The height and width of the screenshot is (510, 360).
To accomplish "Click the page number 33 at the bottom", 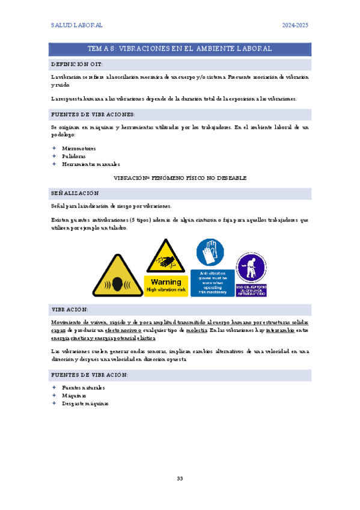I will pyautogui.click(x=180, y=479).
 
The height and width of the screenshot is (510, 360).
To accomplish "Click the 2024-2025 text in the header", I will pyautogui.click(x=295, y=25).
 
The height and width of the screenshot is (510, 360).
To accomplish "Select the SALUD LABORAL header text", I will pyautogui.click(x=76, y=25).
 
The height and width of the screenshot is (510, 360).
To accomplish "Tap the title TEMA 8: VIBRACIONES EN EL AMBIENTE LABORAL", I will pyautogui.click(x=180, y=49).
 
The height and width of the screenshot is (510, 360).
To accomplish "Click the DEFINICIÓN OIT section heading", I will pyautogui.click(x=77, y=64).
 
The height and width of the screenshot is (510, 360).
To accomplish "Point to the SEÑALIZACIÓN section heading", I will pyautogui.click(x=75, y=193).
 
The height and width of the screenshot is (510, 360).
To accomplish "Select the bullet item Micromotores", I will pyautogui.click(x=79, y=148).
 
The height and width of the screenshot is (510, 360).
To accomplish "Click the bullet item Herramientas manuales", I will pyautogui.click(x=87, y=164).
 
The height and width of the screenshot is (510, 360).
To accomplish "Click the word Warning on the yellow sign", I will pyautogui.click(x=166, y=281).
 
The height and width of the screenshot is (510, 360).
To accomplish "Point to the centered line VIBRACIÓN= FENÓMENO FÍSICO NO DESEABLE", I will pyautogui.click(x=180, y=178).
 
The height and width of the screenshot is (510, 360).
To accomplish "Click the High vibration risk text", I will pyautogui.click(x=166, y=289).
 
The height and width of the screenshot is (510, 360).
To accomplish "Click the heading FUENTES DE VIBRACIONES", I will pyautogui.click(x=93, y=114).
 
